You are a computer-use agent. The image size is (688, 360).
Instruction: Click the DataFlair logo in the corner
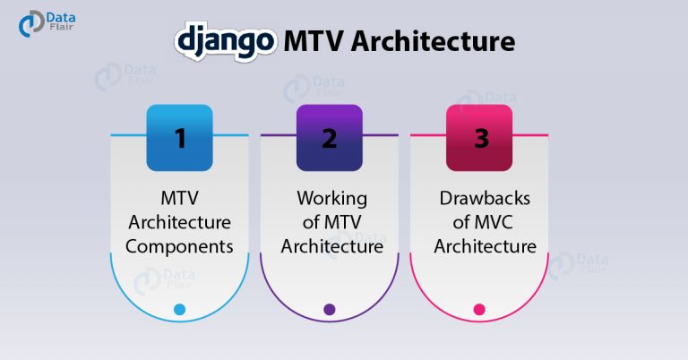point(47,23)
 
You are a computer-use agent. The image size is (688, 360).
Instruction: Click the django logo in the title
point(226,42)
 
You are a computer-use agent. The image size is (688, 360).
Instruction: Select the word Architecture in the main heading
point(433,41)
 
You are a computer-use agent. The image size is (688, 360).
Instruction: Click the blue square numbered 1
point(179,138)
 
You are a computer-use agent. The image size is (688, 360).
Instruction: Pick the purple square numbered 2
point(330,138)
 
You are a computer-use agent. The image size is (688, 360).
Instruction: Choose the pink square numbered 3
point(479,138)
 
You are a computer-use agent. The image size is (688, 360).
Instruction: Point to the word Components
point(179,247)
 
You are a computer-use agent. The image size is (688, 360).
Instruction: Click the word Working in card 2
point(332,199)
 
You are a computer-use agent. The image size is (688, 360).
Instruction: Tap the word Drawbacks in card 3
point(485,198)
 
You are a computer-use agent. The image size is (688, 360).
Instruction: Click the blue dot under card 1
point(179,309)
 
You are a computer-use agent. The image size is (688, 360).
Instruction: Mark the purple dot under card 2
point(330,309)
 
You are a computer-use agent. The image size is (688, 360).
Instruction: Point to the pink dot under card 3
point(479,309)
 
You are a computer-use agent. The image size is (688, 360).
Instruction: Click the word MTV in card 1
point(179,198)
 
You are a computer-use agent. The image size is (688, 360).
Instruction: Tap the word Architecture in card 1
point(179,222)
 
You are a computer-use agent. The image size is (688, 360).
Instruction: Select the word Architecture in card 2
point(332,246)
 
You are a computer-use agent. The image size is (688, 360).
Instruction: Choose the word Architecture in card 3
point(485,246)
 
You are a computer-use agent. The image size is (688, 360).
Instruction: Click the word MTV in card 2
point(342,222)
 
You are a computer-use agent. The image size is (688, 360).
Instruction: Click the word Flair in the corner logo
point(61,27)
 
